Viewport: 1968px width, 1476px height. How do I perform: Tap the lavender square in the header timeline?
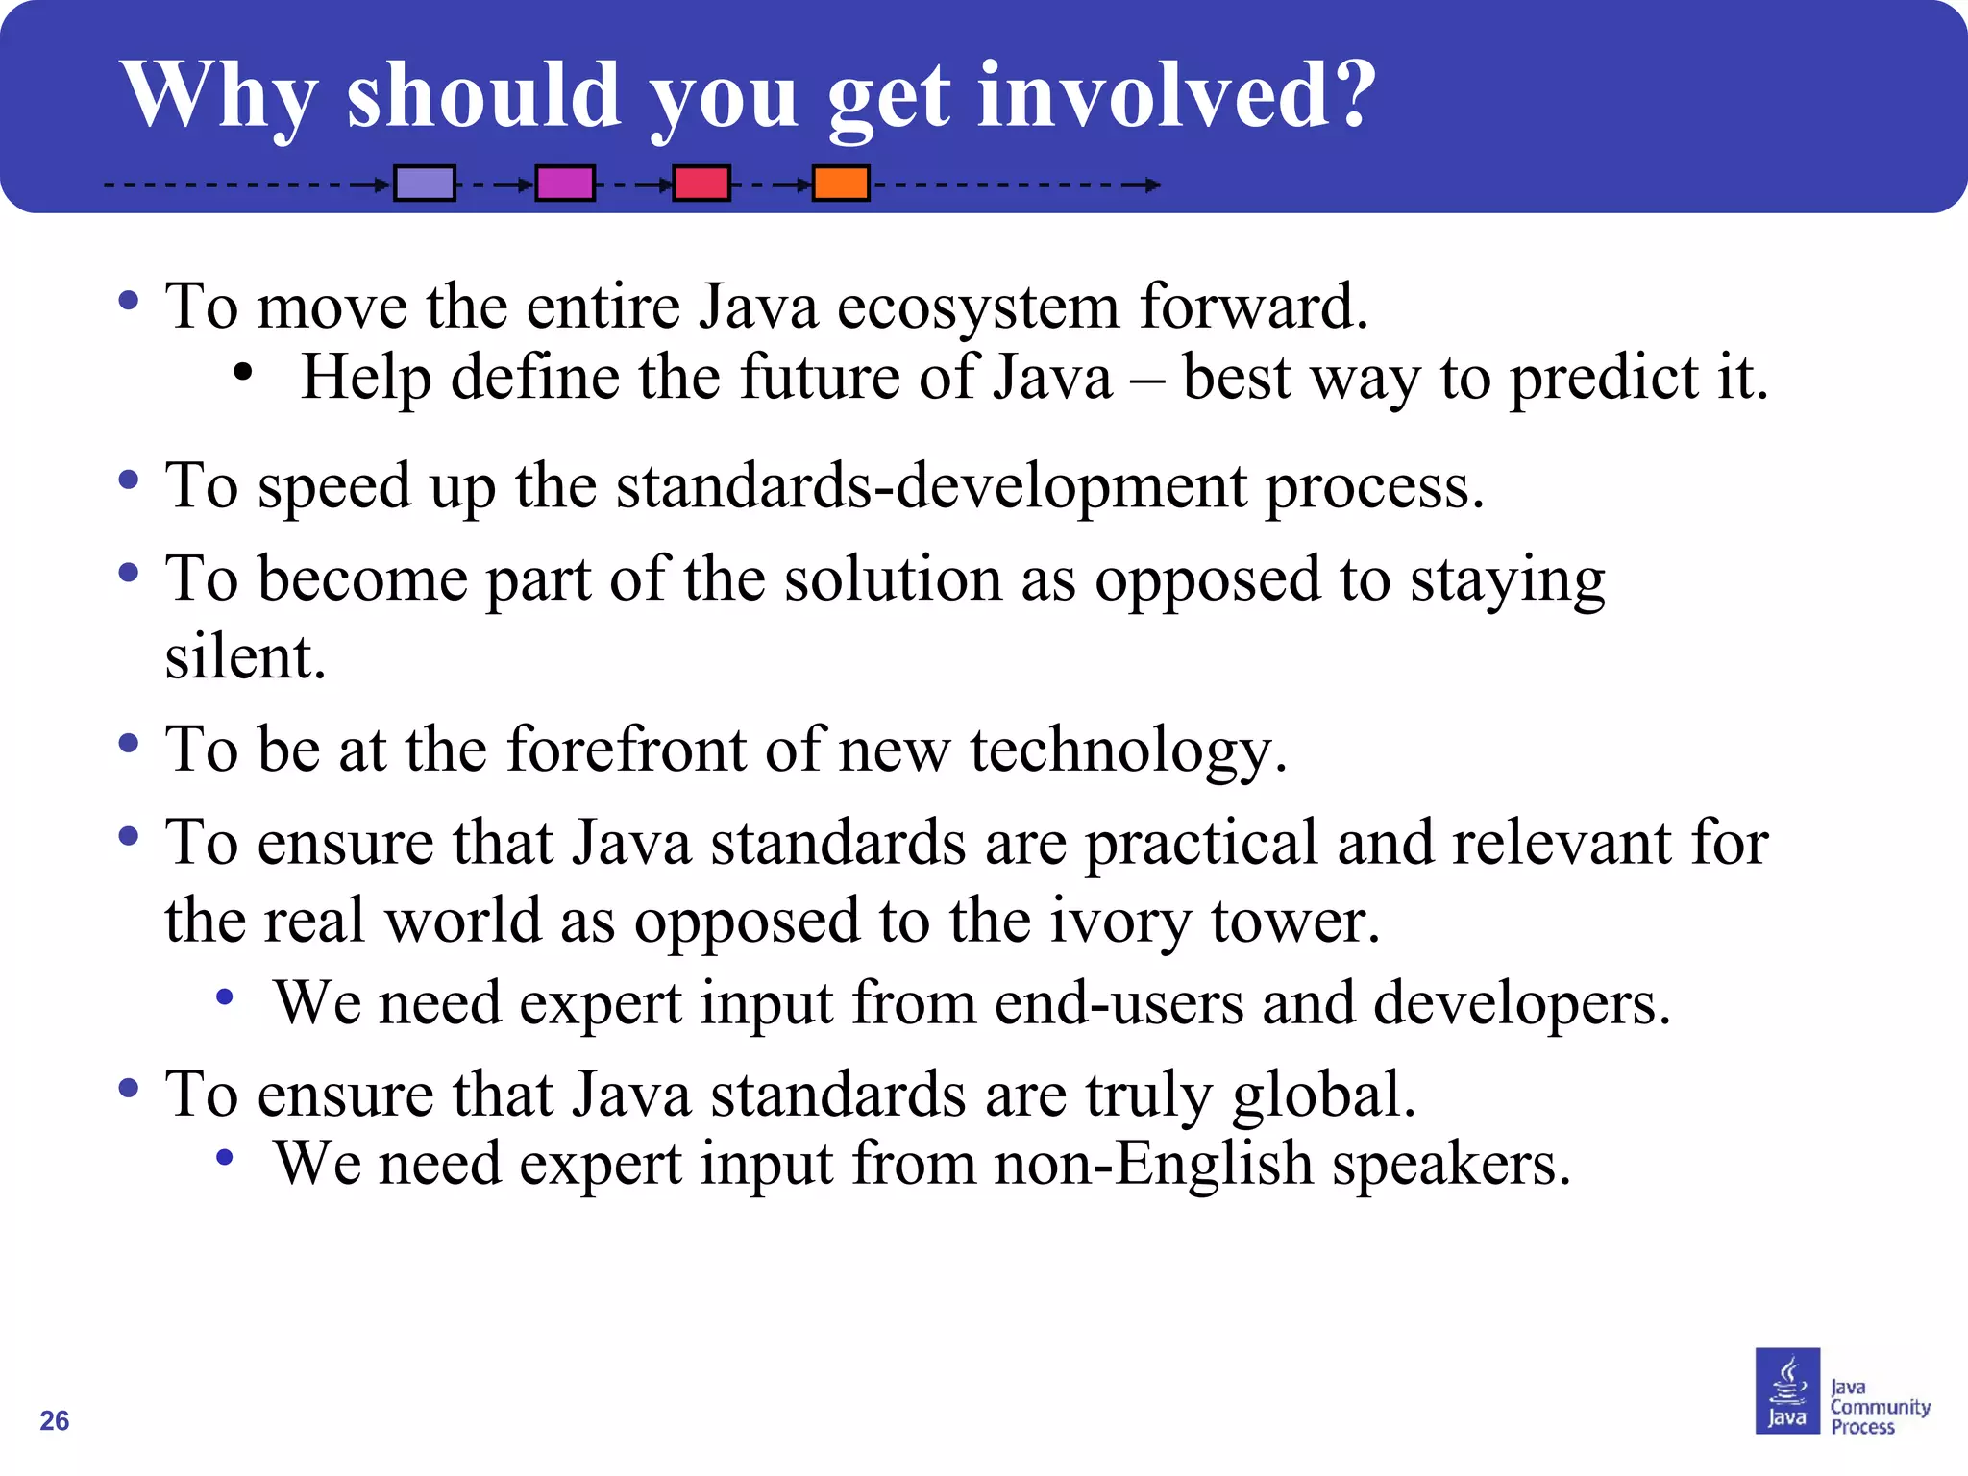coord(425,183)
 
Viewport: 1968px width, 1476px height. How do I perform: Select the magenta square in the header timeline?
coord(565,183)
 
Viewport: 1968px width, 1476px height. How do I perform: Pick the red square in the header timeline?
coord(701,183)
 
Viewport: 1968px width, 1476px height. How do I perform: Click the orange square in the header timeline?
coord(841,183)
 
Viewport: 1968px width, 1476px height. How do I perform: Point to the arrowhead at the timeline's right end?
coord(1152,184)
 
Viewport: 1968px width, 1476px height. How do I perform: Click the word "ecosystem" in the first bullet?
coord(978,307)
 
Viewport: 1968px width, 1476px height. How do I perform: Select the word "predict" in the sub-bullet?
coord(1604,378)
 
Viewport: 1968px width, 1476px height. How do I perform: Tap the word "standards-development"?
coord(931,486)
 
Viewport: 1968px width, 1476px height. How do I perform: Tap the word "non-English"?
coord(1153,1165)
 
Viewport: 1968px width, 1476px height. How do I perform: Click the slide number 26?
coord(55,1420)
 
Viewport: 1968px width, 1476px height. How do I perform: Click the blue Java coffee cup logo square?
coord(1786,1390)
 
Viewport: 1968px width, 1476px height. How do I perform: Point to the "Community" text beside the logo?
coord(1880,1407)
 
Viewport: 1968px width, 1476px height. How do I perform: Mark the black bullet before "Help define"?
coord(243,373)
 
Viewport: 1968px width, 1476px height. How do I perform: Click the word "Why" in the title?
coord(219,96)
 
